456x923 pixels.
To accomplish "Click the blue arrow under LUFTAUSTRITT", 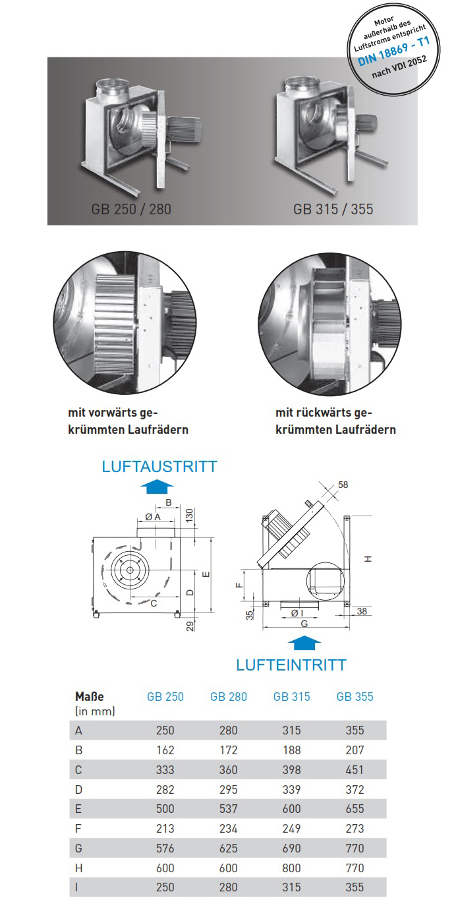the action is (x=157, y=487).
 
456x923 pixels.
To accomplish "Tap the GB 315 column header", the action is (x=292, y=697).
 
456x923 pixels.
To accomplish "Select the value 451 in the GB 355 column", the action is (x=355, y=770).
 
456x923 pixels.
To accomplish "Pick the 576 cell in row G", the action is (x=165, y=848).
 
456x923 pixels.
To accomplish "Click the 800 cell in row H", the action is (x=292, y=868).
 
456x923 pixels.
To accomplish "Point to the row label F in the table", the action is (x=78, y=829).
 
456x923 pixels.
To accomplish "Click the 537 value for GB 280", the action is (x=229, y=809).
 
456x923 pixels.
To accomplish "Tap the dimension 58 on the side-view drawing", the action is (x=343, y=485).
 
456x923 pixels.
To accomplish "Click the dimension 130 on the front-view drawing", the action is (x=189, y=515).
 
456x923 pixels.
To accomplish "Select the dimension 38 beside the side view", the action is (x=362, y=611).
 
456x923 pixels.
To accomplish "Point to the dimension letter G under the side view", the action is (x=304, y=624).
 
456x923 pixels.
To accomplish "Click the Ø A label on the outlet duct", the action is (x=153, y=517).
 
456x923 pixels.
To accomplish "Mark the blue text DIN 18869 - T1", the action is (x=393, y=51).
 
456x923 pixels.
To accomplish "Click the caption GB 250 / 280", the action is (x=131, y=209).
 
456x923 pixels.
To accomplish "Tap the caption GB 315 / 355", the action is (x=333, y=209).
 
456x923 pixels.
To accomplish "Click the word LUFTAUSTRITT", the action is (x=159, y=467).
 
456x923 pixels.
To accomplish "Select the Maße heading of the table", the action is (x=90, y=697).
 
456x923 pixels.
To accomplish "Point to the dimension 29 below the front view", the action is (x=190, y=626).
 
